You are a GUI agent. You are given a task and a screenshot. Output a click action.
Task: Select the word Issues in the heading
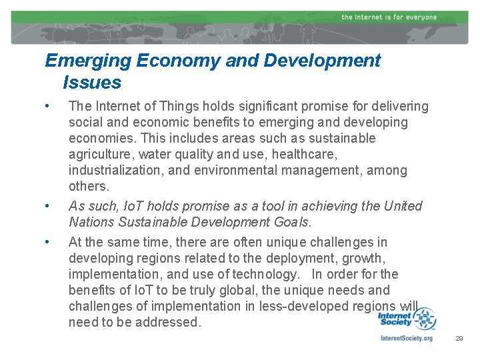click(x=92, y=83)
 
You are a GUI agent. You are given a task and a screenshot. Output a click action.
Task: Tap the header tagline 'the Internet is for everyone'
click(x=389, y=17)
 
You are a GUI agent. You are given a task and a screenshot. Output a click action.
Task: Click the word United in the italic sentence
click(x=403, y=206)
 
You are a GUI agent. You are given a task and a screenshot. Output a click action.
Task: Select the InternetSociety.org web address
click(x=406, y=338)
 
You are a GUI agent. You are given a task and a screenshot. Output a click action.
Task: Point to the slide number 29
click(x=459, y=339)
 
